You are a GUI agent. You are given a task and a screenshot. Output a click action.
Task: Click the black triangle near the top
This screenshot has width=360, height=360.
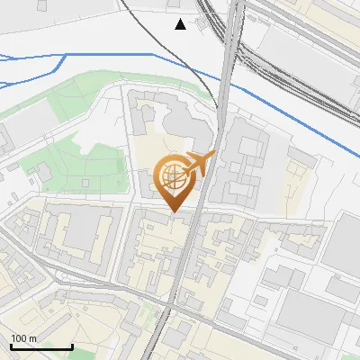click(x=181, y=24)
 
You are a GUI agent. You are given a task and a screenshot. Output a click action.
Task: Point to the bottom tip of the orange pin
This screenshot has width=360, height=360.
click(x=174, y=212)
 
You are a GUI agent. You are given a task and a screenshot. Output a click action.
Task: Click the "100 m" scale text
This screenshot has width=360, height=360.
click(x=23, y=338)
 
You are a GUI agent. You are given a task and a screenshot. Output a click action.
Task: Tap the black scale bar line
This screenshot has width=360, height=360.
click(x=40, y=346)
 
